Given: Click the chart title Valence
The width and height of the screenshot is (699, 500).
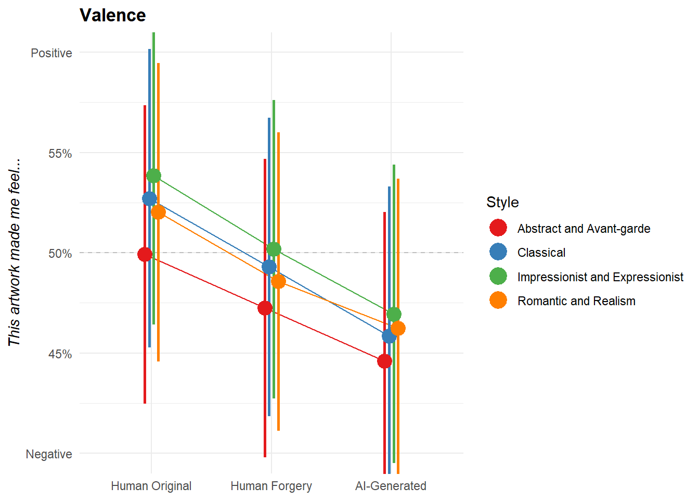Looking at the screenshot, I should pos(112,15).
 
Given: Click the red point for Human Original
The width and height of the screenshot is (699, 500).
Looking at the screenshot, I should pos(145,254).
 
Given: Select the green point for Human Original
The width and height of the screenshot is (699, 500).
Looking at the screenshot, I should pos(154,176).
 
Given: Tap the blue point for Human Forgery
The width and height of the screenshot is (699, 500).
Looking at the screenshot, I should pos(269,267).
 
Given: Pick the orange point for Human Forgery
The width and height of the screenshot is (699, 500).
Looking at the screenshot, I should pos(278,281).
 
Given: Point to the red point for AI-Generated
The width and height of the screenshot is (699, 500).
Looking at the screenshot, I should pos(385,361).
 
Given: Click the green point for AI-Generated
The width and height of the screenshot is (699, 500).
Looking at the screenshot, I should pos(394,314).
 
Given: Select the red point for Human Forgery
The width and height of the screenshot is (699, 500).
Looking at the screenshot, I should pos(265,308).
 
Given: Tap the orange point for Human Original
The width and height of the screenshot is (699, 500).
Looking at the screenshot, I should pos(158,212).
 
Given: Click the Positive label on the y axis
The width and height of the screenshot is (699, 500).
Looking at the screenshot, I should pos(51,53).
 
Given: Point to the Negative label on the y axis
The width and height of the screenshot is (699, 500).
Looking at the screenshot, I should pos(49,454).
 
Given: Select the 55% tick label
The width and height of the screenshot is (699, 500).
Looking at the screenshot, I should pos(60,154).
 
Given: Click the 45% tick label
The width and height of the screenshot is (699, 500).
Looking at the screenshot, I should pos(60,354).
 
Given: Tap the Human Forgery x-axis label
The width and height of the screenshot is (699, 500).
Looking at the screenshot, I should pos(271,486).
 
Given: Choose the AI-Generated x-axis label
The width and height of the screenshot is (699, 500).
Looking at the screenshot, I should pos(391,486).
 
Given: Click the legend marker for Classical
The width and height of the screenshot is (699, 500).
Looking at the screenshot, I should pos(498,252).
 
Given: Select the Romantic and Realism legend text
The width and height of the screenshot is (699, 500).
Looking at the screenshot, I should pos(576,301).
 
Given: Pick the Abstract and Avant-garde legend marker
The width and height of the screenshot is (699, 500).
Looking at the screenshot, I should pos(498,228).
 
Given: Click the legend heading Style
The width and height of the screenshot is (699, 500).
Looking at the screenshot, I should pos(502,202).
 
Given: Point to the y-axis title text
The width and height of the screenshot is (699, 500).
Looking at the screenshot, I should pos(14,253).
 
